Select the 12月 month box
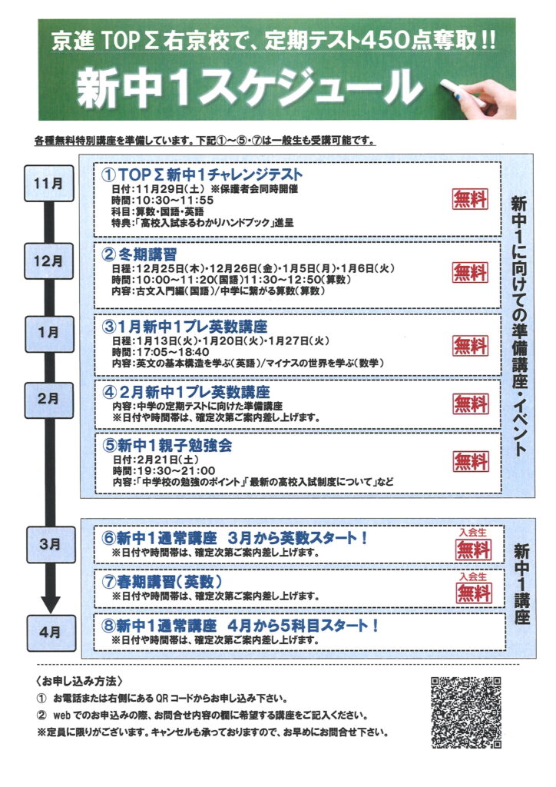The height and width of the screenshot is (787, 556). coord(48,261)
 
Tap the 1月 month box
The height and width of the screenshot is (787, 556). coord(48,332)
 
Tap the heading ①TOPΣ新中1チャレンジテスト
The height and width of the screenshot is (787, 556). coord(203,174)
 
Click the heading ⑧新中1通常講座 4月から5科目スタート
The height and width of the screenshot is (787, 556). coord(240,626)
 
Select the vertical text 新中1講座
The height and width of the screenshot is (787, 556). coord(522,584)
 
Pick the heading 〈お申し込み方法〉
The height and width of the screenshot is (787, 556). coord(79,682)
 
